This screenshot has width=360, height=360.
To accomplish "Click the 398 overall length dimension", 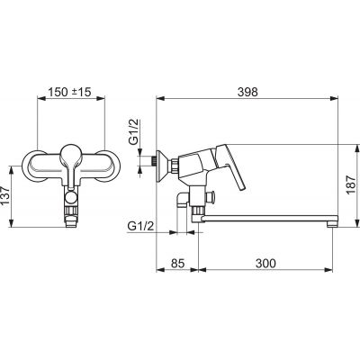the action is coord(247,92).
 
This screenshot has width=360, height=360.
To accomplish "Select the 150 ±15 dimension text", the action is coord(69,92).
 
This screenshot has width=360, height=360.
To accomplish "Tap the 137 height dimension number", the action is coord(5,196).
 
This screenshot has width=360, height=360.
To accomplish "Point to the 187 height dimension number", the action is coord(351,184).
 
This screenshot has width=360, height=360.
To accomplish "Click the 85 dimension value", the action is coord(177,264).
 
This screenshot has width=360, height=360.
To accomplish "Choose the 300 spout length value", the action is coord(265,264).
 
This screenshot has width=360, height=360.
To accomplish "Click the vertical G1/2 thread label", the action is coord(135,132).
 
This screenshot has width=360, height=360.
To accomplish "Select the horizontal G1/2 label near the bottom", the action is coord(140,226).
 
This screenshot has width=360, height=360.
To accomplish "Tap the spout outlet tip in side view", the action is coord(332,223).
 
